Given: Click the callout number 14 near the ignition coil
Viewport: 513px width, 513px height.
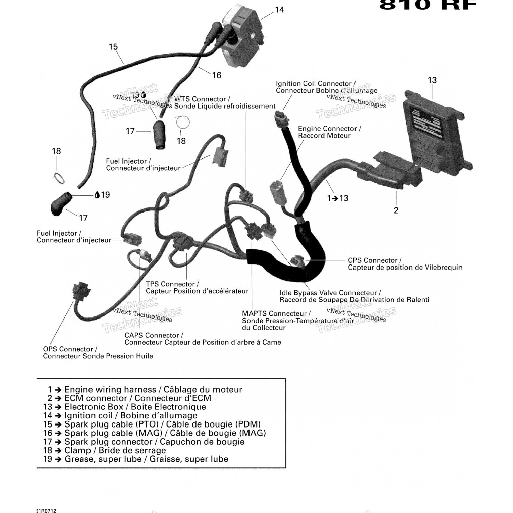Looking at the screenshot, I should pos(279,10).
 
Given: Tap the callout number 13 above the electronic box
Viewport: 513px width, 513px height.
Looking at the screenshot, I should pos(432,80).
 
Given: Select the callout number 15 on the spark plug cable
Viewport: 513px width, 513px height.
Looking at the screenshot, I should pos(113,47).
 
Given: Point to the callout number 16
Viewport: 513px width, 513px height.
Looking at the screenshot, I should pos(217,76).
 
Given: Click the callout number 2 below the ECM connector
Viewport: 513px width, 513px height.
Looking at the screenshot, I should pos(396,210).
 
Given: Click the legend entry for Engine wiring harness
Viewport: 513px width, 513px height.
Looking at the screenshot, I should pos(145,390).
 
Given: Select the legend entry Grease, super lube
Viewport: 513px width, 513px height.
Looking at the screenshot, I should pos(136,459).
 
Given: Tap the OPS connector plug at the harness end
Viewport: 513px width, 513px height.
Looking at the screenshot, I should pos(82,292).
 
